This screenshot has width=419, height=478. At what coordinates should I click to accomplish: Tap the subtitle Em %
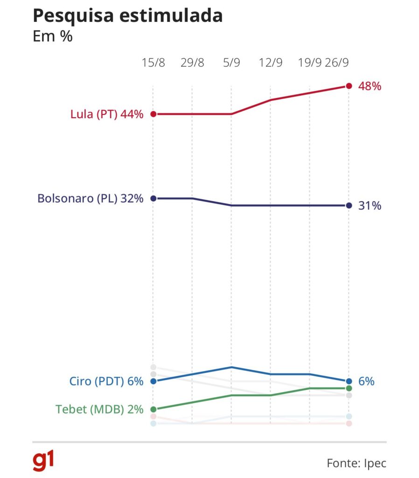pyautogui.click(x=53, y=37)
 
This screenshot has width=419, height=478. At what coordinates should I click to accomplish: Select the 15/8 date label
pyautogui.click(x=154, y=63)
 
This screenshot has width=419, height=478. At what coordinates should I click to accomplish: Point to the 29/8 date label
pyautogui.click(x=192, y=63)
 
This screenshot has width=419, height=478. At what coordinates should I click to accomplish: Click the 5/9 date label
pyautogui.click(x=231, y=63)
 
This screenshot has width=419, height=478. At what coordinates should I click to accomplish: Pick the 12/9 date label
pyautogui.click(x=271, y=63)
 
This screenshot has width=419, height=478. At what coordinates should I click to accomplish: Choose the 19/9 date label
pyautogui.click(x=310, y=63)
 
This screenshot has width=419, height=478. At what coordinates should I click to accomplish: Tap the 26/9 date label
pyautogui.click(x=339, y=63)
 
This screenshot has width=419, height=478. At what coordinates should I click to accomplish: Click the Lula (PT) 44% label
pyautogui.click(x=107, y=114)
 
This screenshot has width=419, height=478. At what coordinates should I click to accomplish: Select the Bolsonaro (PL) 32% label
pyautogui.click(x=90, y=198)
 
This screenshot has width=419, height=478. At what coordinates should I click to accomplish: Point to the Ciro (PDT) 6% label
pyautogui.click(x=103, y=381)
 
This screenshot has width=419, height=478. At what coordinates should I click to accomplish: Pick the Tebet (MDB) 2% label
pyautogui.click(x=99, y=409)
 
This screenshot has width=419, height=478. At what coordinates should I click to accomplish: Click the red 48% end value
pyautogui.click(x=370, y=86)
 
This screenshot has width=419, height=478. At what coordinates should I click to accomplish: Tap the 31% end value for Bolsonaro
pyautogui.click(x=370, y=205)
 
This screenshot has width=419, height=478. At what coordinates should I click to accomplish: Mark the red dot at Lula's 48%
pyautogui.click(x=349, y=86)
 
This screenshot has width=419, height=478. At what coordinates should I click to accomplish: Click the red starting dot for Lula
pyautogui.click(x=153, y=114)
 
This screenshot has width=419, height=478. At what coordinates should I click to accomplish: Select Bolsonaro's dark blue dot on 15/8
pyautogui.click(x=153, y=198)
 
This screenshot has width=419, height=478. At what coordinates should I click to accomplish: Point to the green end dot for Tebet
pyautogui.click(x=349, y=388)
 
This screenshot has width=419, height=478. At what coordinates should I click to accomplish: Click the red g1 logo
pyautogui.click(x=43, y=461)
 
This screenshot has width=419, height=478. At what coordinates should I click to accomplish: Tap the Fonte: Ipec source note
pyautogui.click(x=356, y=464)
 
